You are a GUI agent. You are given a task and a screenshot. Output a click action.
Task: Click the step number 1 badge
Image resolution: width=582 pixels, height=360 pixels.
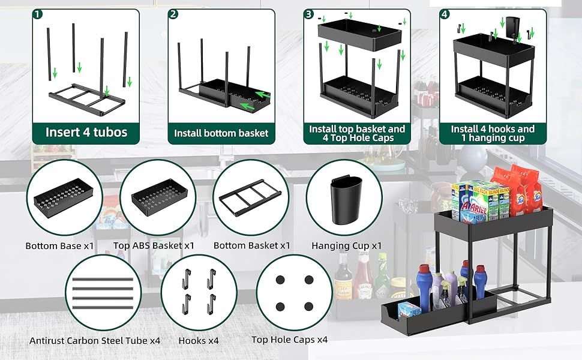38,14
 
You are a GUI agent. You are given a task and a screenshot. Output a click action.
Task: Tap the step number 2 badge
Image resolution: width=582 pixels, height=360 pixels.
173,14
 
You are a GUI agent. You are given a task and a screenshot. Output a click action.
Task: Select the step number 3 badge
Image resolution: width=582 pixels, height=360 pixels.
308,14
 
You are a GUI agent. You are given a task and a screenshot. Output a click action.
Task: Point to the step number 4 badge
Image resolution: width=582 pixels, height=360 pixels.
445,14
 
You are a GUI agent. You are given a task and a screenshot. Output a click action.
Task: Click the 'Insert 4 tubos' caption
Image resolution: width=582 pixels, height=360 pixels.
87,132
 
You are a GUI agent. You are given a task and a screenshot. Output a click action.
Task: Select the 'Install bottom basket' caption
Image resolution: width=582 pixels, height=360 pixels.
221,133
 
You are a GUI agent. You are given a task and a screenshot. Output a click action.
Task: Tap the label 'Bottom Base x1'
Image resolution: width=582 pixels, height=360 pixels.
60,246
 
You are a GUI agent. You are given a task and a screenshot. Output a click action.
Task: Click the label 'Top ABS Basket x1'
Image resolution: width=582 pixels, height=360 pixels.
154,246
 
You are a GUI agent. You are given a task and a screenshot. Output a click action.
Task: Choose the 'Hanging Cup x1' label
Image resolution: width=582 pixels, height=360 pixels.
347,246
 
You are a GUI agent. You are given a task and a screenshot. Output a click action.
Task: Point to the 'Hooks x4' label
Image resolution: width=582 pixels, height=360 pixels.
199,340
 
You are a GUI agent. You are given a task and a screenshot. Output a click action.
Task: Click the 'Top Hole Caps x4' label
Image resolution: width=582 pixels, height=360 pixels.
290,340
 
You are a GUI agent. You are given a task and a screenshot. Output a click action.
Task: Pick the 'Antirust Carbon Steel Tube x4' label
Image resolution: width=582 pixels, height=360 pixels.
95,340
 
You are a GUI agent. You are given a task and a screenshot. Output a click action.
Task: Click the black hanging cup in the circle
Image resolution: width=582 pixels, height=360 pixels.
344,198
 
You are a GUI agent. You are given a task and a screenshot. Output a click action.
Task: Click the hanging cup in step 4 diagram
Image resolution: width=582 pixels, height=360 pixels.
511,27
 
